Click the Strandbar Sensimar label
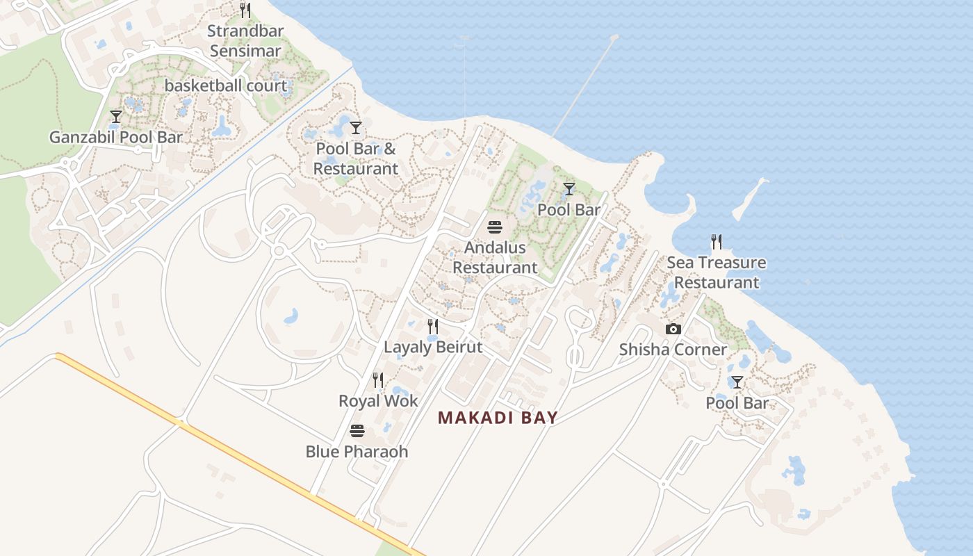(x=245, y=41)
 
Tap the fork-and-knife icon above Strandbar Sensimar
(x=245, y=10)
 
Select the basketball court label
(x=226, y=86)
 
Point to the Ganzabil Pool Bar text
(x=116, y=137)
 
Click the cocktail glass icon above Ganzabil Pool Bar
(x=116, y=117)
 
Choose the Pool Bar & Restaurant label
(x=356, y=158)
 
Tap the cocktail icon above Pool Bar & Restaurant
(x=356, y=128)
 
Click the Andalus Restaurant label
(x=495, y=257)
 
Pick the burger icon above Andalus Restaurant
(x=495, y=227)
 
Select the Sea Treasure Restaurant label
(x=717, y=272)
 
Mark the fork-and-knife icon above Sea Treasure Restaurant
(x=717, y=242)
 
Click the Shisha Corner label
(x=673, y=350)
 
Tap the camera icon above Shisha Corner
(x=673, y=329)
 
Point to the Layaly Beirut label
(x=433, y=347)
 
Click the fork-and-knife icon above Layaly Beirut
(x=433, y=327)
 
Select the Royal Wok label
(x=378, y=401)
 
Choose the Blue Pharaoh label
(x=357, y=452)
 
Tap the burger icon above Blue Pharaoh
(x=357, y=431)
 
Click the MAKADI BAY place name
(x=498, y=418)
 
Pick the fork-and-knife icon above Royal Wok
(x=378, y=380)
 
